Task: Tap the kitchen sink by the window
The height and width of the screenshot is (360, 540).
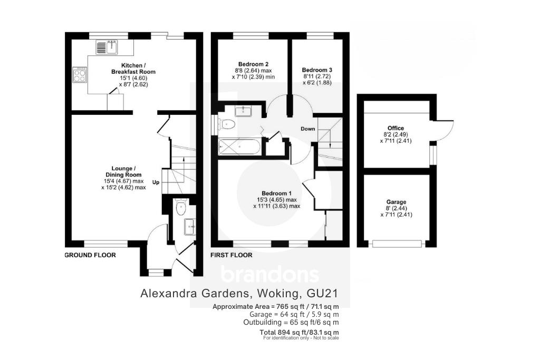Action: point(108,47)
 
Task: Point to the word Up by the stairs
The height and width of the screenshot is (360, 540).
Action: point(156,182)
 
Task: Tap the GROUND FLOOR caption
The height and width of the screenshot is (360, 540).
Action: point(90,255)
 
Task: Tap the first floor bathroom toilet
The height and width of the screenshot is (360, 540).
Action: point(227,125)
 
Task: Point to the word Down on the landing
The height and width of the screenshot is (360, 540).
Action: point(308,129)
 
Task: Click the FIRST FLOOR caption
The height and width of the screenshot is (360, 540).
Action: point(231,255)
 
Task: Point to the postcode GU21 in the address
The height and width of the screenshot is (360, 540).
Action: point(323,293)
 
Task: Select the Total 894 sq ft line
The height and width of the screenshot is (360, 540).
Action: point(299,332)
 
